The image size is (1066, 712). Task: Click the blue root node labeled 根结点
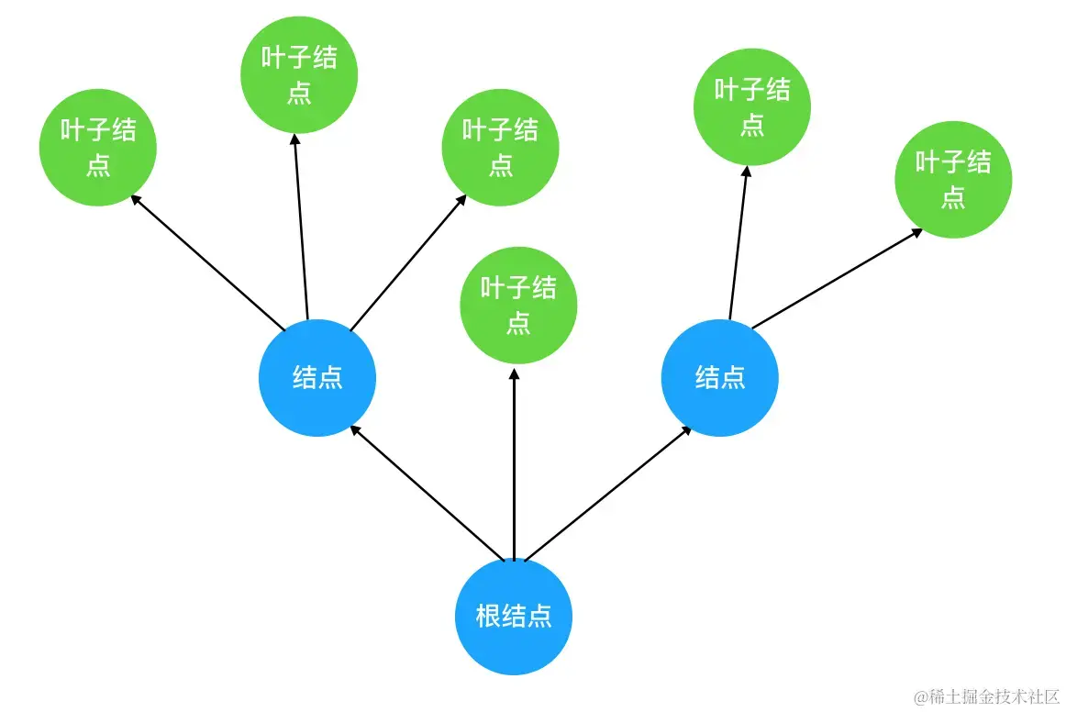tap(514, 615)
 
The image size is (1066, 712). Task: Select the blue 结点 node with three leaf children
tap(317, 378)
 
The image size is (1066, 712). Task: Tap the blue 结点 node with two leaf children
tap(719, 378)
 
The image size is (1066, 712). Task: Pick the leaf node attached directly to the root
tap(518, 305)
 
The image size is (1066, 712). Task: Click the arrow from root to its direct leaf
tap(514, 463)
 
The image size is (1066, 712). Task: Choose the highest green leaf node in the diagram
tap(299, 75)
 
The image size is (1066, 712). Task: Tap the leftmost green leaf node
tap(98, 148)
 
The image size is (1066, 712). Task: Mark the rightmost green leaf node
tap(953, 180)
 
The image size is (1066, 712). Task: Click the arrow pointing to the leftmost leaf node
tap(208, 261)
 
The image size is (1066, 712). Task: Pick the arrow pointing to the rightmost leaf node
tap(837, 278)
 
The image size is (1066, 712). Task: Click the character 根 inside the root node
tap(488, 616)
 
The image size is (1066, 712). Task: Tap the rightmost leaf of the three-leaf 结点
tap(500, 147)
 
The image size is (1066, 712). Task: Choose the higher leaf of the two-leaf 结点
tap(752, 107)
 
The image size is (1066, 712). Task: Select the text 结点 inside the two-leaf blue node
tap(719, 378)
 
